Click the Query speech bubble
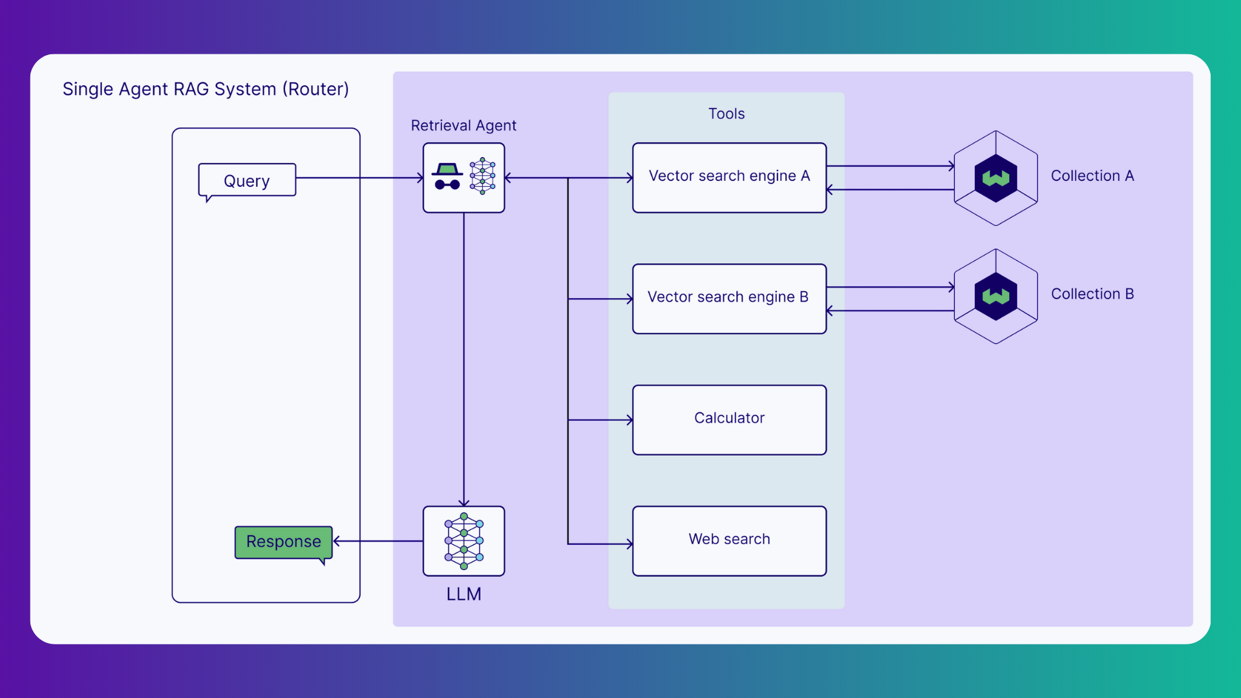pyautogui.click(x=247, y=180)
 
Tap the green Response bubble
pyautogui.click(x=283, y=542)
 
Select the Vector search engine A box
pyautogui.click(x=729, y=177)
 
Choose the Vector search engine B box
pyautogui.click(x=729, y=298)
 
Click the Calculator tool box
pyautogui.click(x=729, y=419)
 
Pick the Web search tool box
pyautogui.click(x=729, y=540)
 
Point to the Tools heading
pyautogui.click(x=726, y=114)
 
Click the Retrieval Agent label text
pyautogui.click(x=463, y=125)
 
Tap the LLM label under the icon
pyautogui.click(x=463, y=594)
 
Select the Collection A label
pyautogui.click(x=1092, y=176)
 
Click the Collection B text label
pyautogui.click(x=1092, y=294)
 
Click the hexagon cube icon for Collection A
pyautogui.click(x=995, y=178)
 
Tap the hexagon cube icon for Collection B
pyautogui.click(x=995, y=296)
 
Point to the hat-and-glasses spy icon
pyautogui.click(x=447, y=176)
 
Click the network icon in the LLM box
pyautogui.click(x=463, y=541)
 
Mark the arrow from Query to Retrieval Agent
pyautogui.click(x=359, y=178)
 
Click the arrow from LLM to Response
pyautogui.click(x=378, y=541)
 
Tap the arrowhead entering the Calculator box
pyautogui.click(x=629, y=420)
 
